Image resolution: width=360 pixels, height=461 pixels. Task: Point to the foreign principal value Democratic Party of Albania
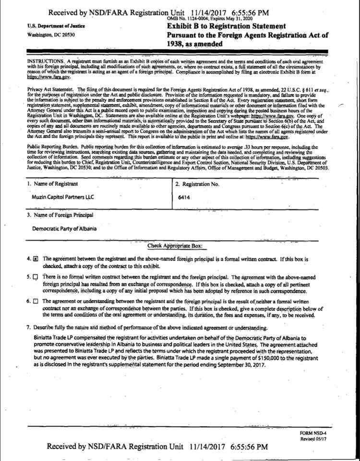[x=64, y=228]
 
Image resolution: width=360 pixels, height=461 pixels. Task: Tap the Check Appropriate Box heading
[x=175, y=246]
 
